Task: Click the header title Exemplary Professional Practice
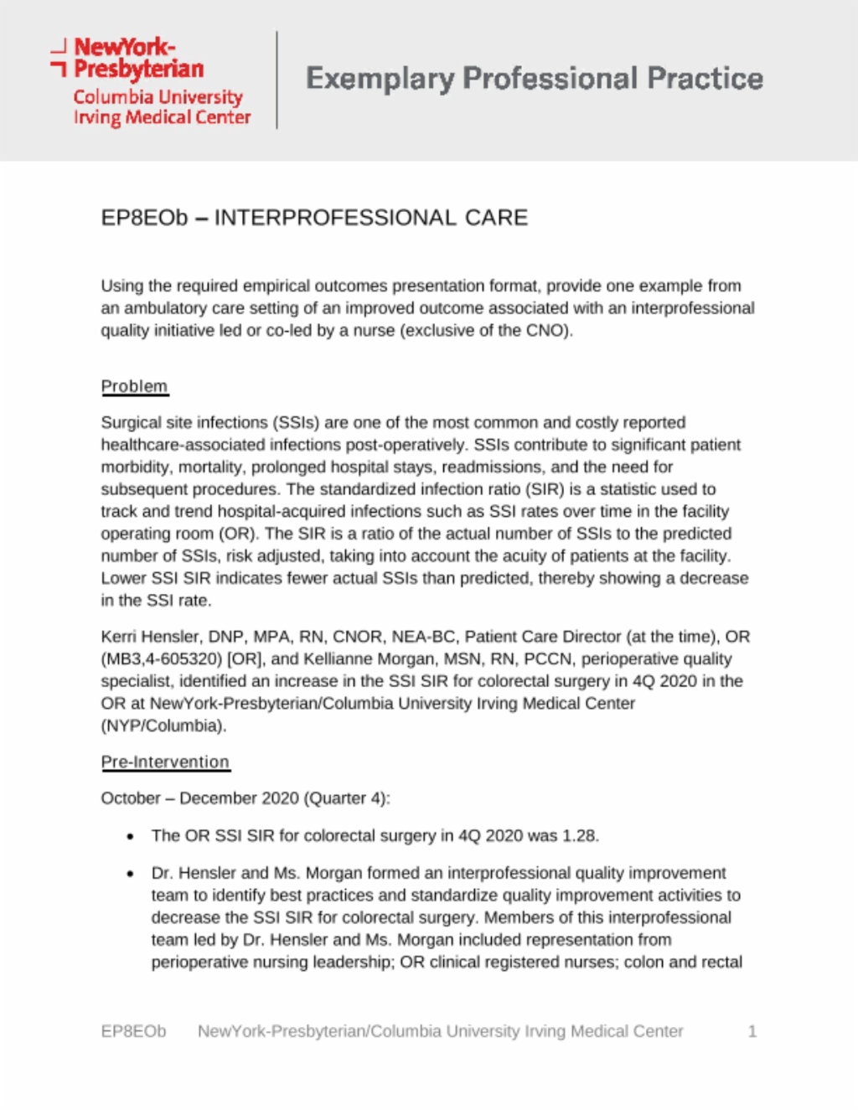point(534,79)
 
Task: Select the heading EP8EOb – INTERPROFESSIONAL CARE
point(314,218)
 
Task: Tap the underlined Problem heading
point(134,386)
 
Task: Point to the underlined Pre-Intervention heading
point(165,762)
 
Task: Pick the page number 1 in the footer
point(752,1031)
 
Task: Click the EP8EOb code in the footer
point(133,1031)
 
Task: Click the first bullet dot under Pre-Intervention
point(130,836)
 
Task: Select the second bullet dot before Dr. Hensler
point(130,873)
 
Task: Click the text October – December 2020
point(199,798)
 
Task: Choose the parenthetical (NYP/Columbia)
point(163,725)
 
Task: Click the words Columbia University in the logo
point(158,97)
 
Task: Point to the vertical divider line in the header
point(277,80)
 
